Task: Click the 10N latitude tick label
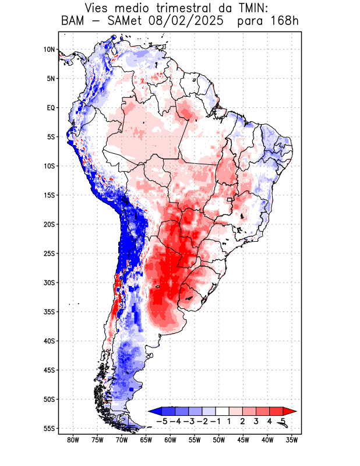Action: tap(49, 50)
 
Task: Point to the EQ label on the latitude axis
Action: tap(51, 108)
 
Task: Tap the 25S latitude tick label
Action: tap(49, 253)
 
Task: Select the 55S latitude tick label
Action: tap(49, 428)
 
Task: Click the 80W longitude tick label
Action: tap(73, 440)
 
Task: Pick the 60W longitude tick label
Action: tap(170, 440)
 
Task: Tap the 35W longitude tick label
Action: tap(292, 440)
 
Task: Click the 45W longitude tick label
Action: tap(243, 440)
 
